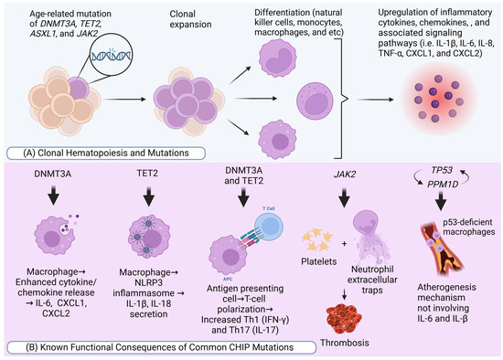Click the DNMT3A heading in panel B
[x=51, y=173]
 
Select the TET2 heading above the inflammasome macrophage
[x=145, y=173]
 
